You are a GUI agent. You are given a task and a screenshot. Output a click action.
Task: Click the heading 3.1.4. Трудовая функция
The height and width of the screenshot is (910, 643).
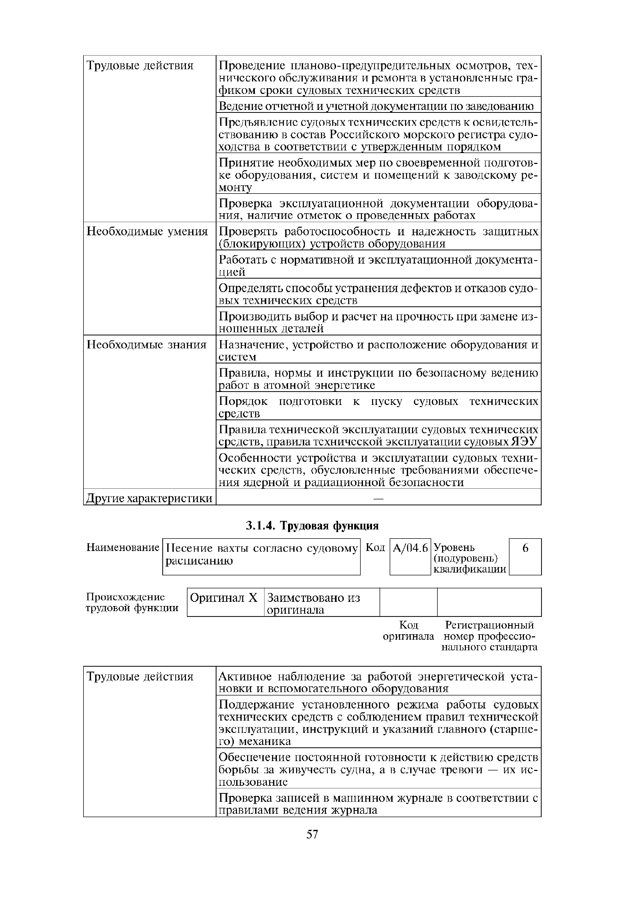312,526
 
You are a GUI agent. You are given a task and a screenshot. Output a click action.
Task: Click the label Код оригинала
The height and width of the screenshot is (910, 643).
408,631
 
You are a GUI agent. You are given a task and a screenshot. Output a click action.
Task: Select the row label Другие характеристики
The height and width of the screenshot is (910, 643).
149,498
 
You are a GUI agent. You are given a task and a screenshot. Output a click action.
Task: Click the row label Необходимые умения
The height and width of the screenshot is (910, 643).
147,231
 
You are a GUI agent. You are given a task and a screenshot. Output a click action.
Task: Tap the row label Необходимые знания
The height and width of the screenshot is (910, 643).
146,345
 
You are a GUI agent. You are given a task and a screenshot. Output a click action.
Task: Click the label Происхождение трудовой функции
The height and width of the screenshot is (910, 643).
132,602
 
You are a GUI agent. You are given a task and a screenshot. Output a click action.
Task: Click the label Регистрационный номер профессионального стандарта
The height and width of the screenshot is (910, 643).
490,636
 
